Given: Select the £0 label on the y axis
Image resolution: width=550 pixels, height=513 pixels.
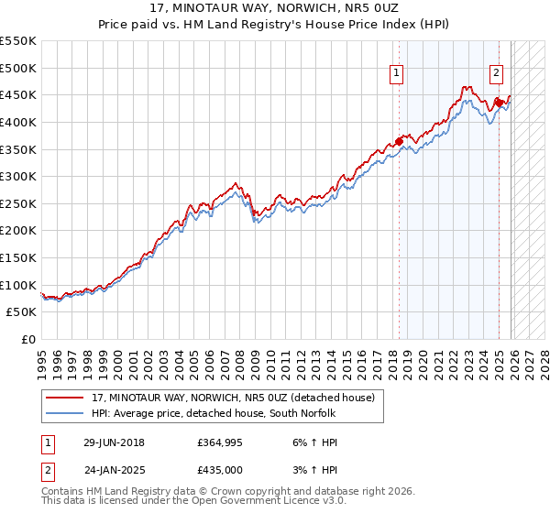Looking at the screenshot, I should click(x=28, y=340).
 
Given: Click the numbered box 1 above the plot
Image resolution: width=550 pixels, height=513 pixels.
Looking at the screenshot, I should click(x=398, y=74).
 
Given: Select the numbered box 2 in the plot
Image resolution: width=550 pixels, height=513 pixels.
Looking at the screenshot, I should click(x=496, y=74).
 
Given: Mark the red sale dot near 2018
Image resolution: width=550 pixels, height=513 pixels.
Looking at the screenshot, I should click(x=399, y=141).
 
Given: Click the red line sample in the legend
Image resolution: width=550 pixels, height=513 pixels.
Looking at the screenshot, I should click(x=65, y=398).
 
